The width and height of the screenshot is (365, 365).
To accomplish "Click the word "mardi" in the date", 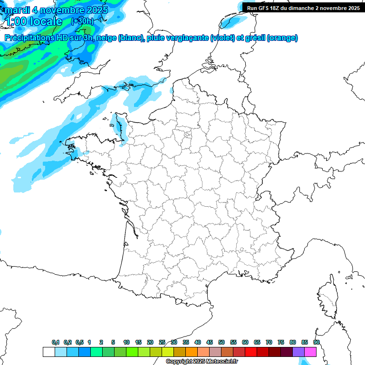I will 17,10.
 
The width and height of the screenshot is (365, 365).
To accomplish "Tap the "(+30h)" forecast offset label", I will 82,21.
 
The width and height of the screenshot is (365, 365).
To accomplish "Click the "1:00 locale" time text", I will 35,21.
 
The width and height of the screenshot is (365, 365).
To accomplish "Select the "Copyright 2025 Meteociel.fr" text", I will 202,362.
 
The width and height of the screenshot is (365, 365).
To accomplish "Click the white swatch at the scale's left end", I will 48,352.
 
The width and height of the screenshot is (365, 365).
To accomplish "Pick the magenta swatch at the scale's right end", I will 310,352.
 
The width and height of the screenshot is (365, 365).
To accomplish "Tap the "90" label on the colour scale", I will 316,342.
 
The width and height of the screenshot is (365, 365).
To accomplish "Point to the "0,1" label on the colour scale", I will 56,342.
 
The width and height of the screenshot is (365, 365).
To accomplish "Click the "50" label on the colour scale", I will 221,342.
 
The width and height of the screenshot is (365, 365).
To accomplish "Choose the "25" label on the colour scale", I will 162,342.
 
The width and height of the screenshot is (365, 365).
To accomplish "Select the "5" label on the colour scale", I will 113,342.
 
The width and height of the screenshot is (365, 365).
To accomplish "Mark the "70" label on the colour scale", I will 269,342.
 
